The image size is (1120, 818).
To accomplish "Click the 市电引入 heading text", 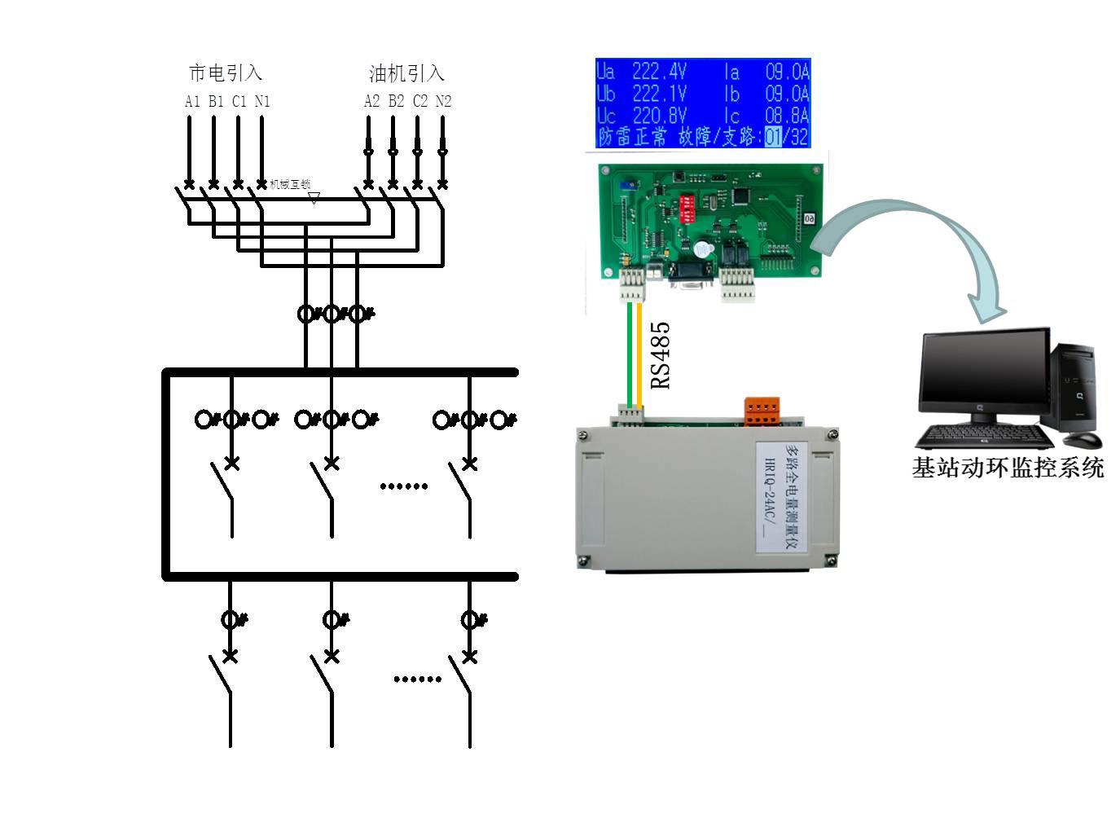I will [x=226, y=73].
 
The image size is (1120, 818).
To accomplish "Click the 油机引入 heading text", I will [x=406, y=73].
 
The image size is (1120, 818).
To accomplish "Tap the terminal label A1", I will [x=192, y=101].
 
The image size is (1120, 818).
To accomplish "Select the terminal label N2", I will [x=443, y=101].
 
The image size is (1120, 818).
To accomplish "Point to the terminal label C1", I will [x=239, y=101].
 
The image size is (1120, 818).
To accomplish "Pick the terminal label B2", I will [x=396, y=101].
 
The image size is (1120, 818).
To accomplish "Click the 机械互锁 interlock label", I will [x=290, y=185].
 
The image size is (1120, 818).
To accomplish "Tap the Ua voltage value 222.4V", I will [x=660, y=72].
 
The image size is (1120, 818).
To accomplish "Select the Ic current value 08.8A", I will [x=787, y=116].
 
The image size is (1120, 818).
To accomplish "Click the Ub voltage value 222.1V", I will [x=660, y=94].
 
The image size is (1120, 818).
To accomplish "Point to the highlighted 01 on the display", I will [x=773, y=136].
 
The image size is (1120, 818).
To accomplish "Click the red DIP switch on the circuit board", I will [x=687, y=208].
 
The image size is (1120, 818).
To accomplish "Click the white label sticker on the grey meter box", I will [x=781, y=497].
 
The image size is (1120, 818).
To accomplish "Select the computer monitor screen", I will [x=983, y=372].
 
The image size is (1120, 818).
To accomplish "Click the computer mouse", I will [x=1083, y=440].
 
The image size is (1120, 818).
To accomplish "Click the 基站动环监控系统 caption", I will [x=1008, y=468].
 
